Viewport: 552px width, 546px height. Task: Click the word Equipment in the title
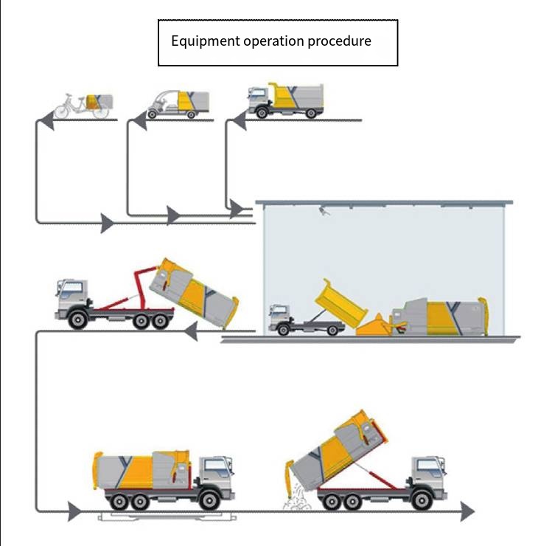205,41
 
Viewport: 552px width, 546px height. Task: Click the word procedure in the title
339,41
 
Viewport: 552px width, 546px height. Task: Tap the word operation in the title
273,41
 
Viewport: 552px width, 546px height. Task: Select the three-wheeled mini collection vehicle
178,105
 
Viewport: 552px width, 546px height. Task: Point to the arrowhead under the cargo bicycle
47,120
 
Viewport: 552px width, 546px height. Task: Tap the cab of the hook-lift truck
71,296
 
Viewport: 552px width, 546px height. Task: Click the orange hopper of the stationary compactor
374,325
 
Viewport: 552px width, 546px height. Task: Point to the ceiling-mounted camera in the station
324,212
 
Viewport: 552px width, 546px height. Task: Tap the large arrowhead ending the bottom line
468,511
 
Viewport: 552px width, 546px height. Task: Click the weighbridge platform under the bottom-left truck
167,516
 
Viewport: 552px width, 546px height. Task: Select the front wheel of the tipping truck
422,500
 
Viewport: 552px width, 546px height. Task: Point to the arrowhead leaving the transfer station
190,331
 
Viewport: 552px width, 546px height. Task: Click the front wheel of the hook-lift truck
78,319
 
